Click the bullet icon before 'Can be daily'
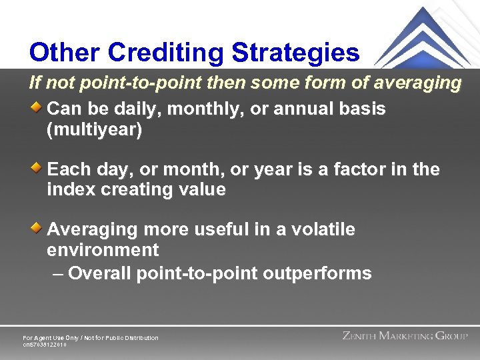click(x=39, y=105)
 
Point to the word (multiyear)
click(x=94, y=129)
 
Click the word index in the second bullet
click(x=67, y=190)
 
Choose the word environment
click(x=103, y=251)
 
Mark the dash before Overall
click(x=58, y=273)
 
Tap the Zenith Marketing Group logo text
click(x=405, y=336)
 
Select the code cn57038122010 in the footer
click(x=45, y=345)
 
